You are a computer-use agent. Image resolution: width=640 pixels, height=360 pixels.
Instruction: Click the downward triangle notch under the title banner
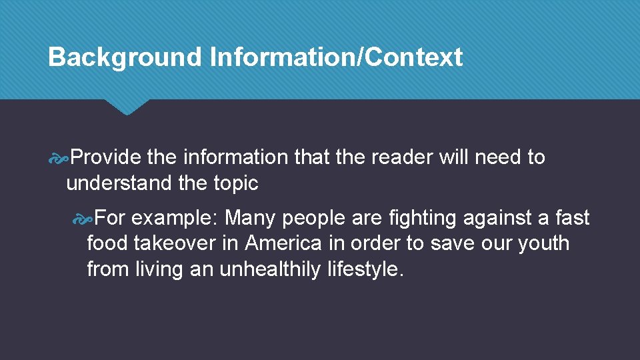pyautogui.click(x=127, y=107)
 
